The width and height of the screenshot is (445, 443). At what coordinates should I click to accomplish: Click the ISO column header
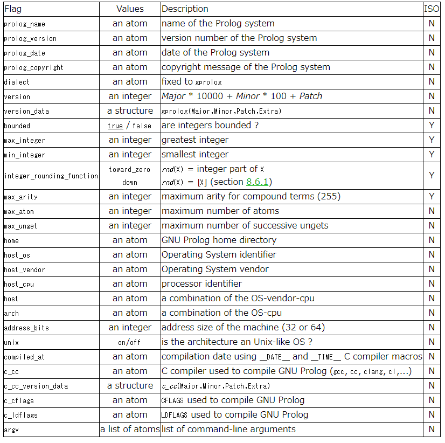pyautogui.click(x=432, y=9)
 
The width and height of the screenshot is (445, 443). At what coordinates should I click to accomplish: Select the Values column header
pyautogui.click(x=130, y=9)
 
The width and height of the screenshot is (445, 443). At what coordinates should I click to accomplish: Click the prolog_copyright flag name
pyautogui.click(x=33, y=67)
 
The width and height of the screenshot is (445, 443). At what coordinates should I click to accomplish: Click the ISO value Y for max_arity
pyautogui.click(x=432, y=196)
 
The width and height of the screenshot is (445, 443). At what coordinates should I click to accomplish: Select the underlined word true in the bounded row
pyautogui.click(x=115, y=126)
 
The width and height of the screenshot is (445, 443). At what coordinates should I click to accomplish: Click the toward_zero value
pyautogui.click(x=130, y=169)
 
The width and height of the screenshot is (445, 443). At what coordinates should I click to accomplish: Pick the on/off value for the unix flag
pyautogui.click(x=130, y=342)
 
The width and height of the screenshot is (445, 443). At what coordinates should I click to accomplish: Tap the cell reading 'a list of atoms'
pyautogui.click(x=130, y=429)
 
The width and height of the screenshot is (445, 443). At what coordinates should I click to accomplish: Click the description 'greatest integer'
pyautogui.click(x=195, y=140)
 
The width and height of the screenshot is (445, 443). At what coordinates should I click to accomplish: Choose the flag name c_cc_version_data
pyautogui.click(x=36, y=386)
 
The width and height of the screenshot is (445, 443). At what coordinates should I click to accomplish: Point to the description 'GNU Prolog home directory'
pyautogui.click(x=219, y=240)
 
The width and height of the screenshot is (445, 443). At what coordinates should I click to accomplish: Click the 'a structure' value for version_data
pyautogui.click(x=130, y=111)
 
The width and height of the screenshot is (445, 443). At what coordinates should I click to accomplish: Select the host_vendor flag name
pyautogui.click(x=24, y=269)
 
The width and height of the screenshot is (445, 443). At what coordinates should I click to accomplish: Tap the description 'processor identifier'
pyautogui.click(x=201, y=283)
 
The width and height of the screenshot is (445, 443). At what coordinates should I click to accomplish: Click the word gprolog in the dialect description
pyautogui.click(x=208, y=82)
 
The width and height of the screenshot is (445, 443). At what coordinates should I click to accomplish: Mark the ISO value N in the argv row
pyautogui.click(x=432, y=429)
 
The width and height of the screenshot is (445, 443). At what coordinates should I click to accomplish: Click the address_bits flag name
pyautogui.click(x=26, y=328)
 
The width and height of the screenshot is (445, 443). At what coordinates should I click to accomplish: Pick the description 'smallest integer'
pyautogui.click(x=195, y=155)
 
